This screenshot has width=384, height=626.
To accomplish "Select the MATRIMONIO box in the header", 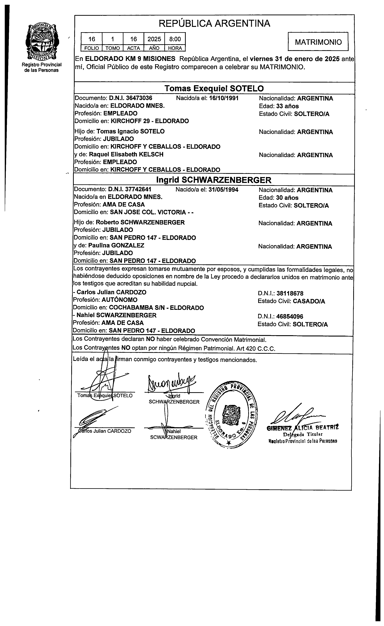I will [x=318, y=42].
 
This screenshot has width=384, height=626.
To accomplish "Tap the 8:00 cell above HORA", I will [x=175, y=39].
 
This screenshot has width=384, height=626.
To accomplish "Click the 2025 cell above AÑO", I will [x=154, y=39].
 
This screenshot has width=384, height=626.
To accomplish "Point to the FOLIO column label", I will [x=92, y=48].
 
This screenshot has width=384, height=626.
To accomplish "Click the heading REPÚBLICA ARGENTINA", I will [x=214, y=23].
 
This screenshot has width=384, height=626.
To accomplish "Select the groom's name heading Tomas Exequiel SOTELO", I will [x=214, y=88].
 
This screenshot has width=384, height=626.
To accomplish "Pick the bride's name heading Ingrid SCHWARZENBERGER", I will [x=214, y=180].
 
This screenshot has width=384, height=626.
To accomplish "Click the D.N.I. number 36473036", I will [x=131, y=98].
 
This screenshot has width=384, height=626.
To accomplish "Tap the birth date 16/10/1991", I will [x=224, y=98].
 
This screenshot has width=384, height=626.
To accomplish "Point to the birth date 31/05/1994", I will [x=223, y=190].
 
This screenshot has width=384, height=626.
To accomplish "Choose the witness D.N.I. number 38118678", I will [x=290, y=293].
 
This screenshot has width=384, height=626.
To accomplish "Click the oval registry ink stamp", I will [x=231, y=414].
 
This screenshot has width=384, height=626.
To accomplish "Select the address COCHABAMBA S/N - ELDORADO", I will [x=156, y=308].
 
